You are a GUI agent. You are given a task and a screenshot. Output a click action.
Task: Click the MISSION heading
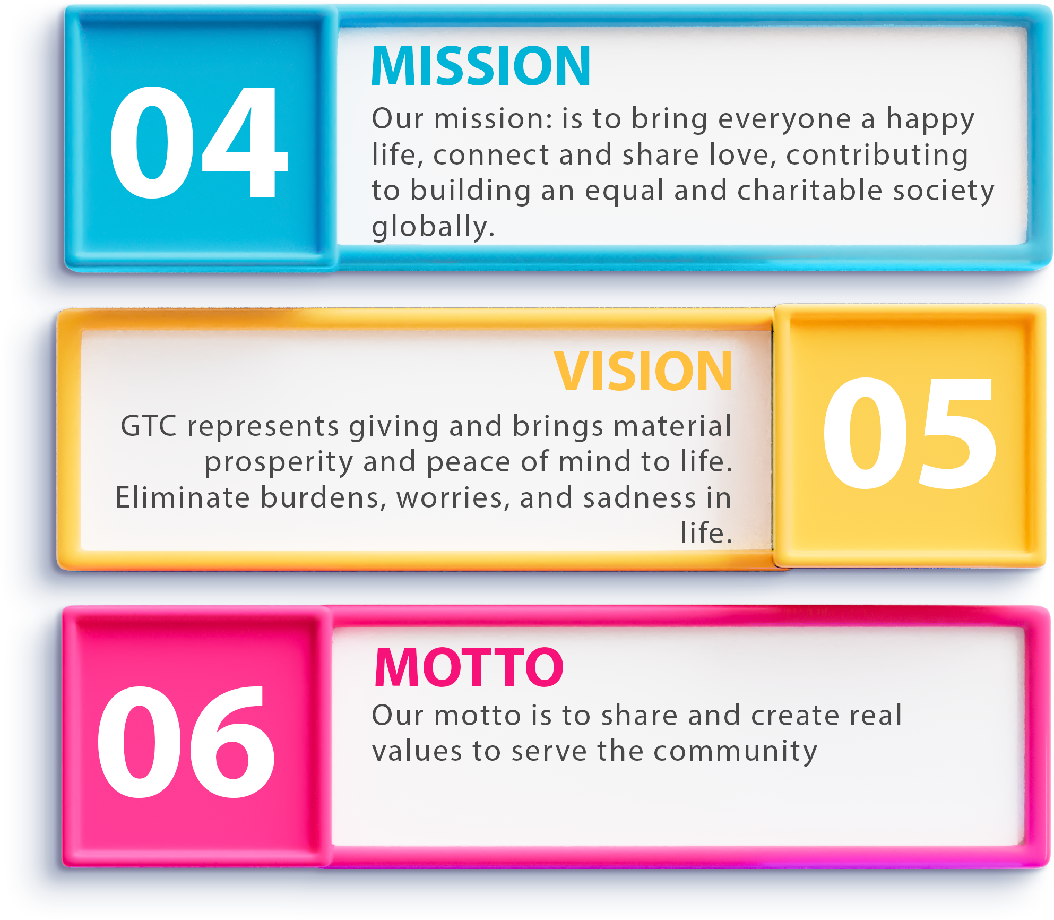pyautogui.click(x=481, y=66)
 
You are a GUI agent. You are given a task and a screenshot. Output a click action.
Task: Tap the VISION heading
pyautogui.click(x=643, y=372)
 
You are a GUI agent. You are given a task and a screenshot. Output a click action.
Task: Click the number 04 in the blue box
pyautogui.click(x=198, y=142)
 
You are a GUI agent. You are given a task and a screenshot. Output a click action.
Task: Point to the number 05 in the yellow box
pyautogui.click(x=910, y=433)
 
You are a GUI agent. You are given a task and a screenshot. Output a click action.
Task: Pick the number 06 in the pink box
pyautogui.click(x=186, y=742)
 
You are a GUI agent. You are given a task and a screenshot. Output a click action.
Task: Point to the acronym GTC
pyautogui.click(x=149, y=426)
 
